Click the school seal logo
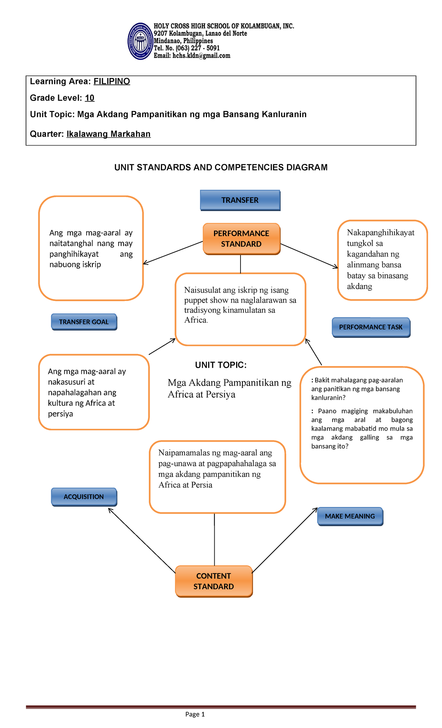140,41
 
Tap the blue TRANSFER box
240,200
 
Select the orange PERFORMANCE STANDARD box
241,239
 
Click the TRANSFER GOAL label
84,322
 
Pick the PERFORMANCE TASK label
371,327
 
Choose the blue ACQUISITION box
84,497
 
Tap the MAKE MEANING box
350,517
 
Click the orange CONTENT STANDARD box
214,581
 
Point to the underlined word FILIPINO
112,81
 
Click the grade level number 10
90,98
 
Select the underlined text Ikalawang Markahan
108,134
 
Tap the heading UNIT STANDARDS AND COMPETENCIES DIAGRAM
221,168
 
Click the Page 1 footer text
195,714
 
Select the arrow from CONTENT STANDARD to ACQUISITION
142,540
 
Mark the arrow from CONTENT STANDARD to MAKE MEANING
285,540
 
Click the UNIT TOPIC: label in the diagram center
221,365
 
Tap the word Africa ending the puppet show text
196,320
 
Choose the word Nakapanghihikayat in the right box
380,233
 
